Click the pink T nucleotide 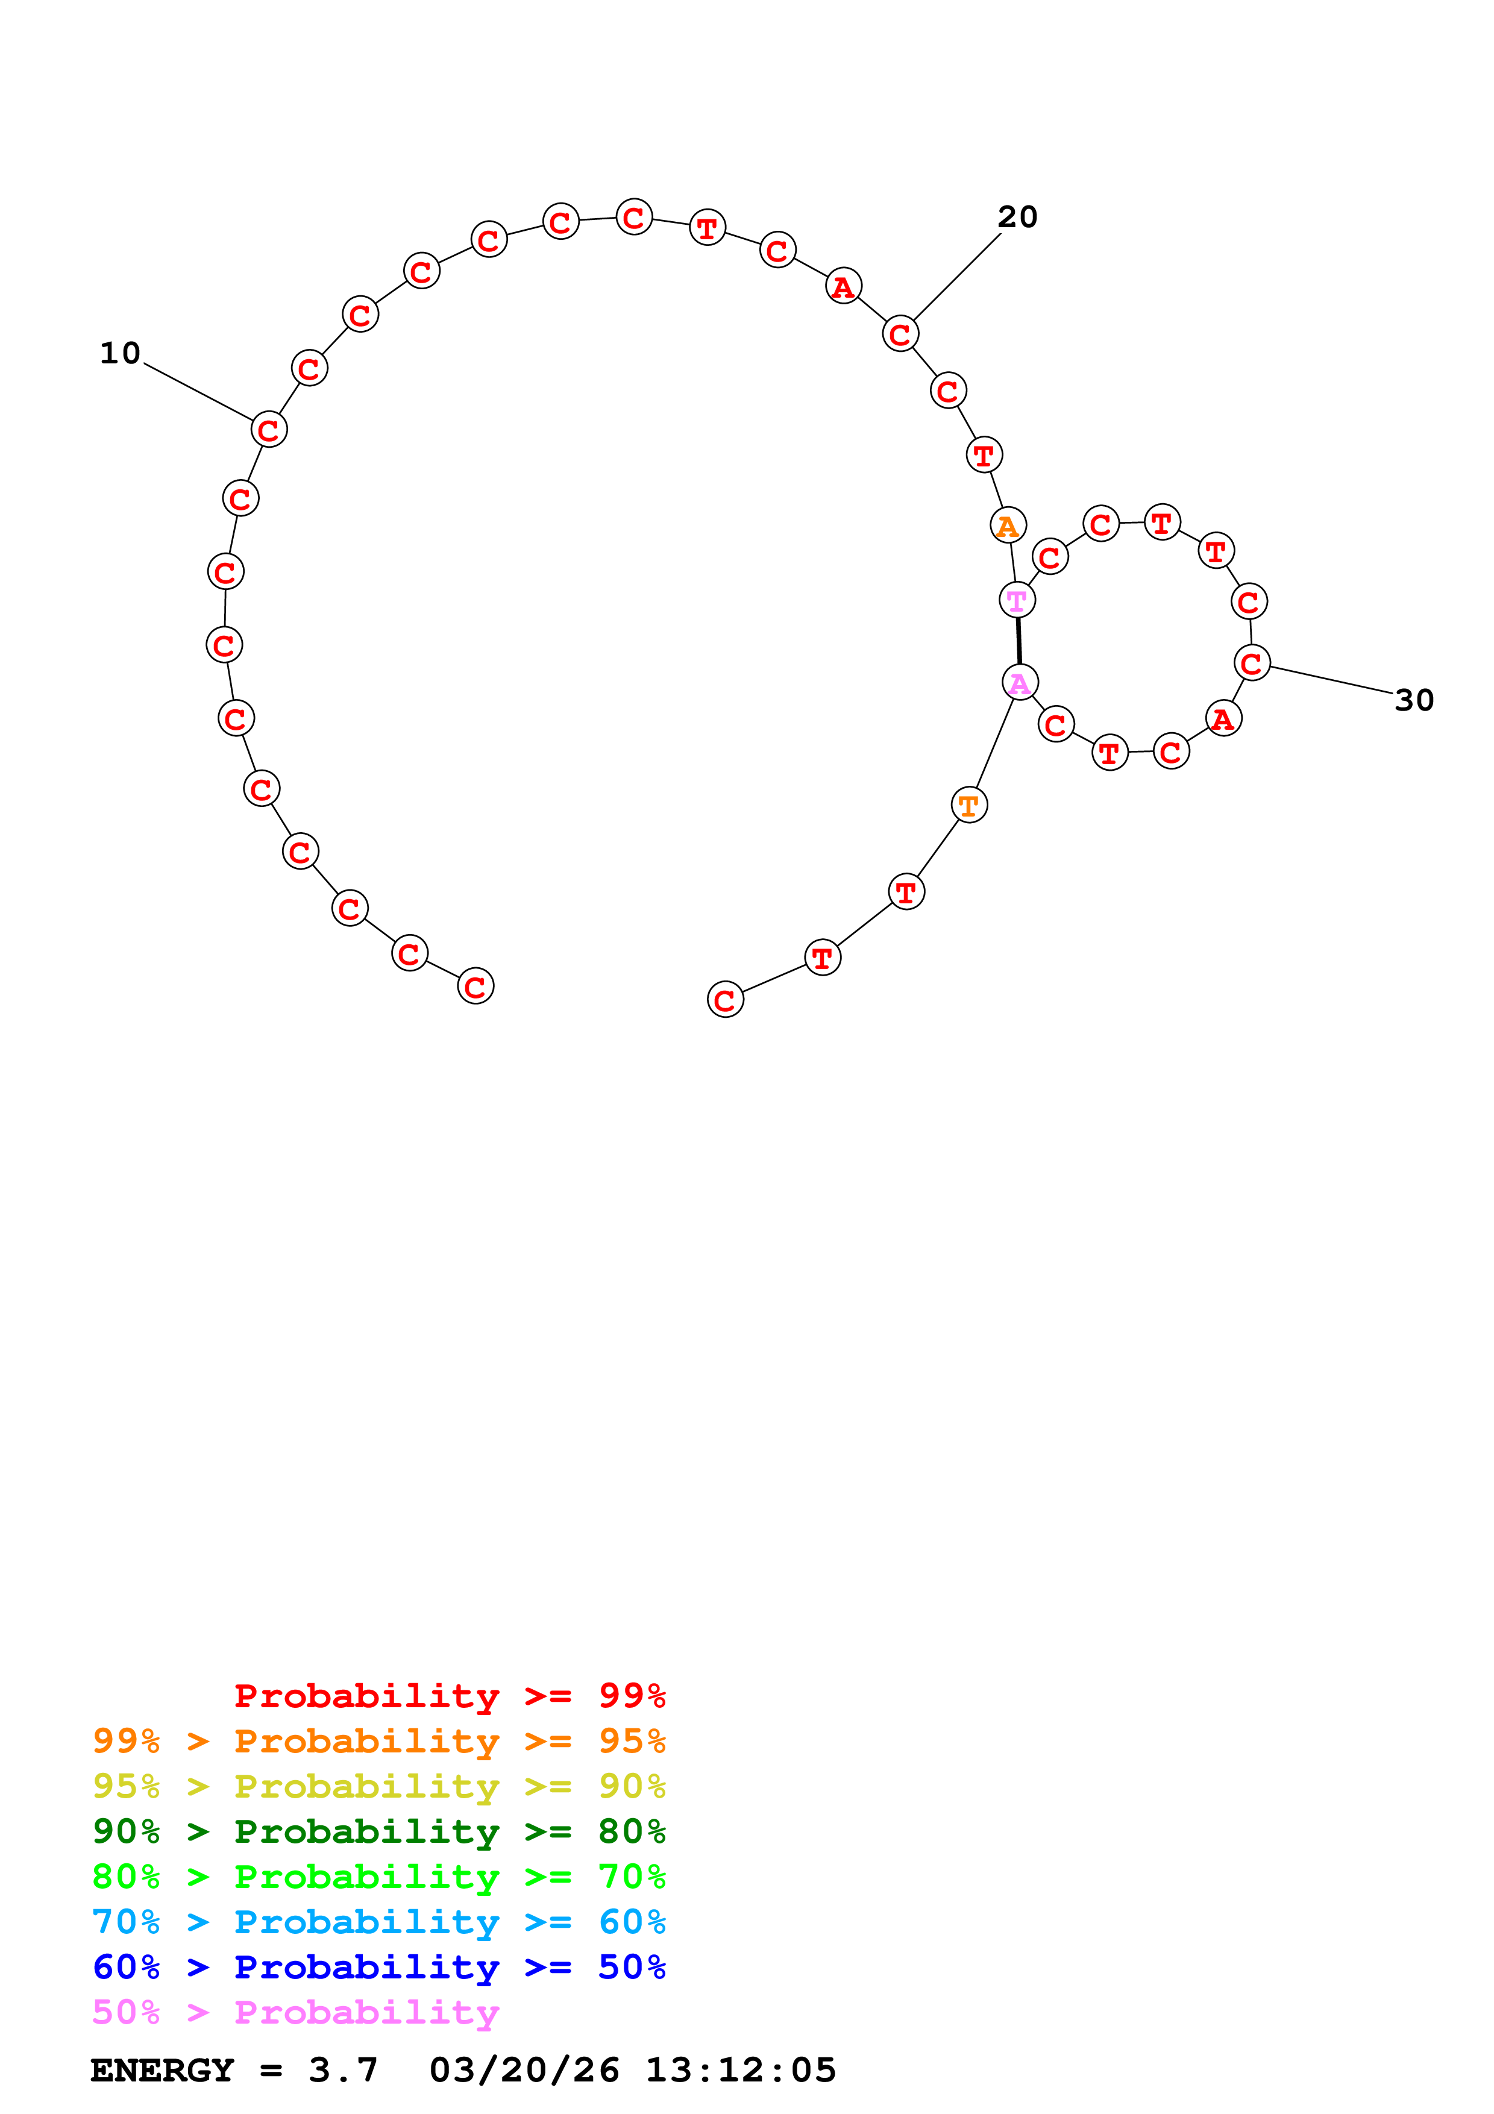point(1016,600)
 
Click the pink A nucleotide point(1020,682)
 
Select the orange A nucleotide point(1008,525)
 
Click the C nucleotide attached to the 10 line point(269,429)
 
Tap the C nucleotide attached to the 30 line point(1251,663)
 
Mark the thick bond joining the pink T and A point(1018,641)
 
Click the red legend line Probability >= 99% point(449,1695)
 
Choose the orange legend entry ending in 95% point(378,1740)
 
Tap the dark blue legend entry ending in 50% point(378,1967)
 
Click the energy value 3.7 point(342,2070)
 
